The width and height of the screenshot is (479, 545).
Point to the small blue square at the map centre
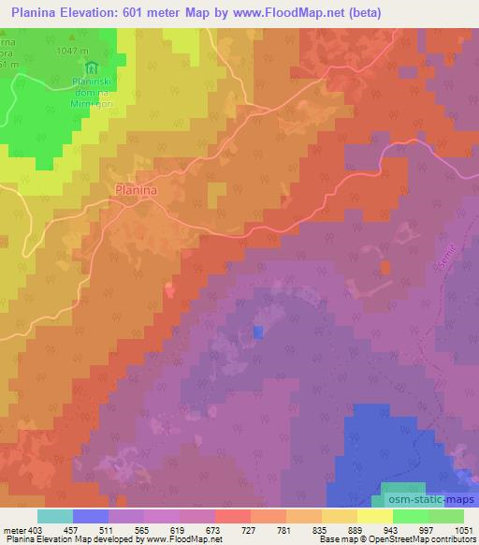pos(258,331)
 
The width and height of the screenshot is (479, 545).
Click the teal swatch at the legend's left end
pos(55,517)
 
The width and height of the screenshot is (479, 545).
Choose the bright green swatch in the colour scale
pos(411,517)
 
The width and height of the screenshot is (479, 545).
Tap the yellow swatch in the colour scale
pos(375,517)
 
